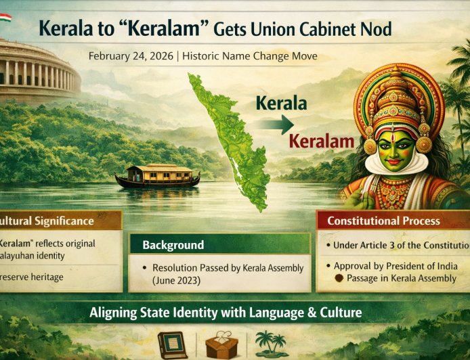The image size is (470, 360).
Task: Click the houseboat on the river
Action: tap(157, 176)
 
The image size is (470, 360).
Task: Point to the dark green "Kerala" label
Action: tap(281, 104)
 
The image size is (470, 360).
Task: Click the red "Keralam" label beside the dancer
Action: tap(322, 141)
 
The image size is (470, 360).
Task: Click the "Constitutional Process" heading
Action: tap(383, 221)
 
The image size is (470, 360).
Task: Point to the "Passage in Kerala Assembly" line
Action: tap(401, 278)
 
